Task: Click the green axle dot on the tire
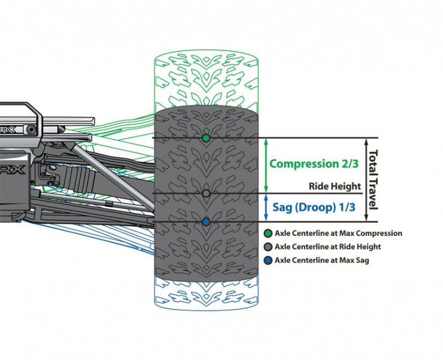[206, 138]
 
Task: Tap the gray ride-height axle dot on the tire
[206, 193]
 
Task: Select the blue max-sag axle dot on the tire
[206, 222]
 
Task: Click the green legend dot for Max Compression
[268, 233]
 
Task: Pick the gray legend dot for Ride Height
[268, 247]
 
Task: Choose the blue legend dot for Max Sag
[268, 260]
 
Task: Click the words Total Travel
[373, 180]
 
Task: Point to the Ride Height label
[334, 187]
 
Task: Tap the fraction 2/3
[348, 163]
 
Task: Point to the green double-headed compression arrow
[266, 166]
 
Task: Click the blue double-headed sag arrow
[266, 208]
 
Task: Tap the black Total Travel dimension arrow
[366, 179]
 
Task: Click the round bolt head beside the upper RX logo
[31, 130]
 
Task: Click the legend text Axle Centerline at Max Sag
[322, 260]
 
